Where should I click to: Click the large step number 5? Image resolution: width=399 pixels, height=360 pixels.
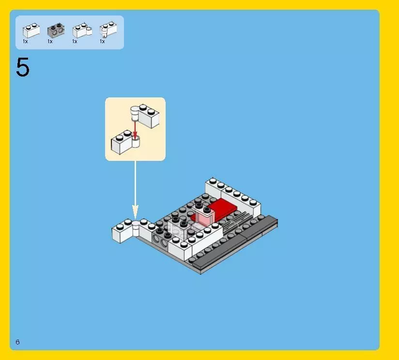[22, 68]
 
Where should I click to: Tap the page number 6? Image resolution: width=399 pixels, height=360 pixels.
[17, 342]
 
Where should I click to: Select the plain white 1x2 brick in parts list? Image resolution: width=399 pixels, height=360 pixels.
[31, 31]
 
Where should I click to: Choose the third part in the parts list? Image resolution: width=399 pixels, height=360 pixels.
[81, 31]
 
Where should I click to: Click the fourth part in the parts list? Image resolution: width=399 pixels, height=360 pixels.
[107, 30]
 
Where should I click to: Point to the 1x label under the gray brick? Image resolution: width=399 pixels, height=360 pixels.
[50, 42]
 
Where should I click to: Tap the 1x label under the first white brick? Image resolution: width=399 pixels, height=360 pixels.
[25, 42]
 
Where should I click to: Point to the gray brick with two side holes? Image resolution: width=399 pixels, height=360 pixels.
[161, 237]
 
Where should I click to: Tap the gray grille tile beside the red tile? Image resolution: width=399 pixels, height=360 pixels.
[242, 218]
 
